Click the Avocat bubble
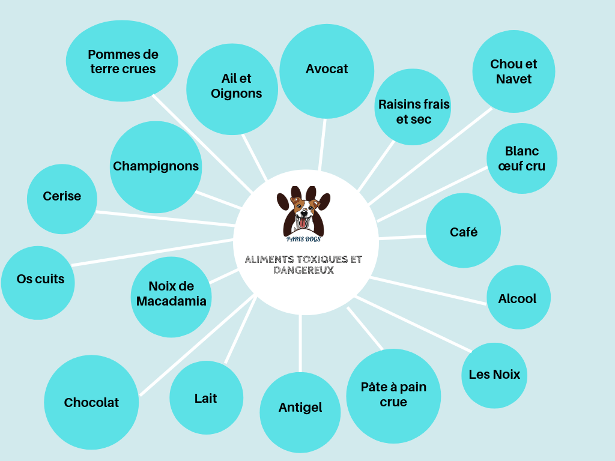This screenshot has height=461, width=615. pos(327,70)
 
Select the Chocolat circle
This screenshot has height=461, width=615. pos(91,402)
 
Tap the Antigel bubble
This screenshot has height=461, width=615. pos(300,411)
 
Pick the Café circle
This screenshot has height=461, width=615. pos(463,231)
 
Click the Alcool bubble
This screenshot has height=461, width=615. pos(517,298)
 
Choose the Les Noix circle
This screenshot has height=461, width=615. pos(494,375)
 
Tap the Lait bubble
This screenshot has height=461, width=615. pos(206,398)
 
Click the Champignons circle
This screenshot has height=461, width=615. pos(156,167)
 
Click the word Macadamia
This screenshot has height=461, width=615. pos(171,301)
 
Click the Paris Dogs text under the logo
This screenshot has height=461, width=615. pos(303,239)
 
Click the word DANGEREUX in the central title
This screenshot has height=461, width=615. pos(303,271)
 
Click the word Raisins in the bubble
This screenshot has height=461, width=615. pos(399,104)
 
